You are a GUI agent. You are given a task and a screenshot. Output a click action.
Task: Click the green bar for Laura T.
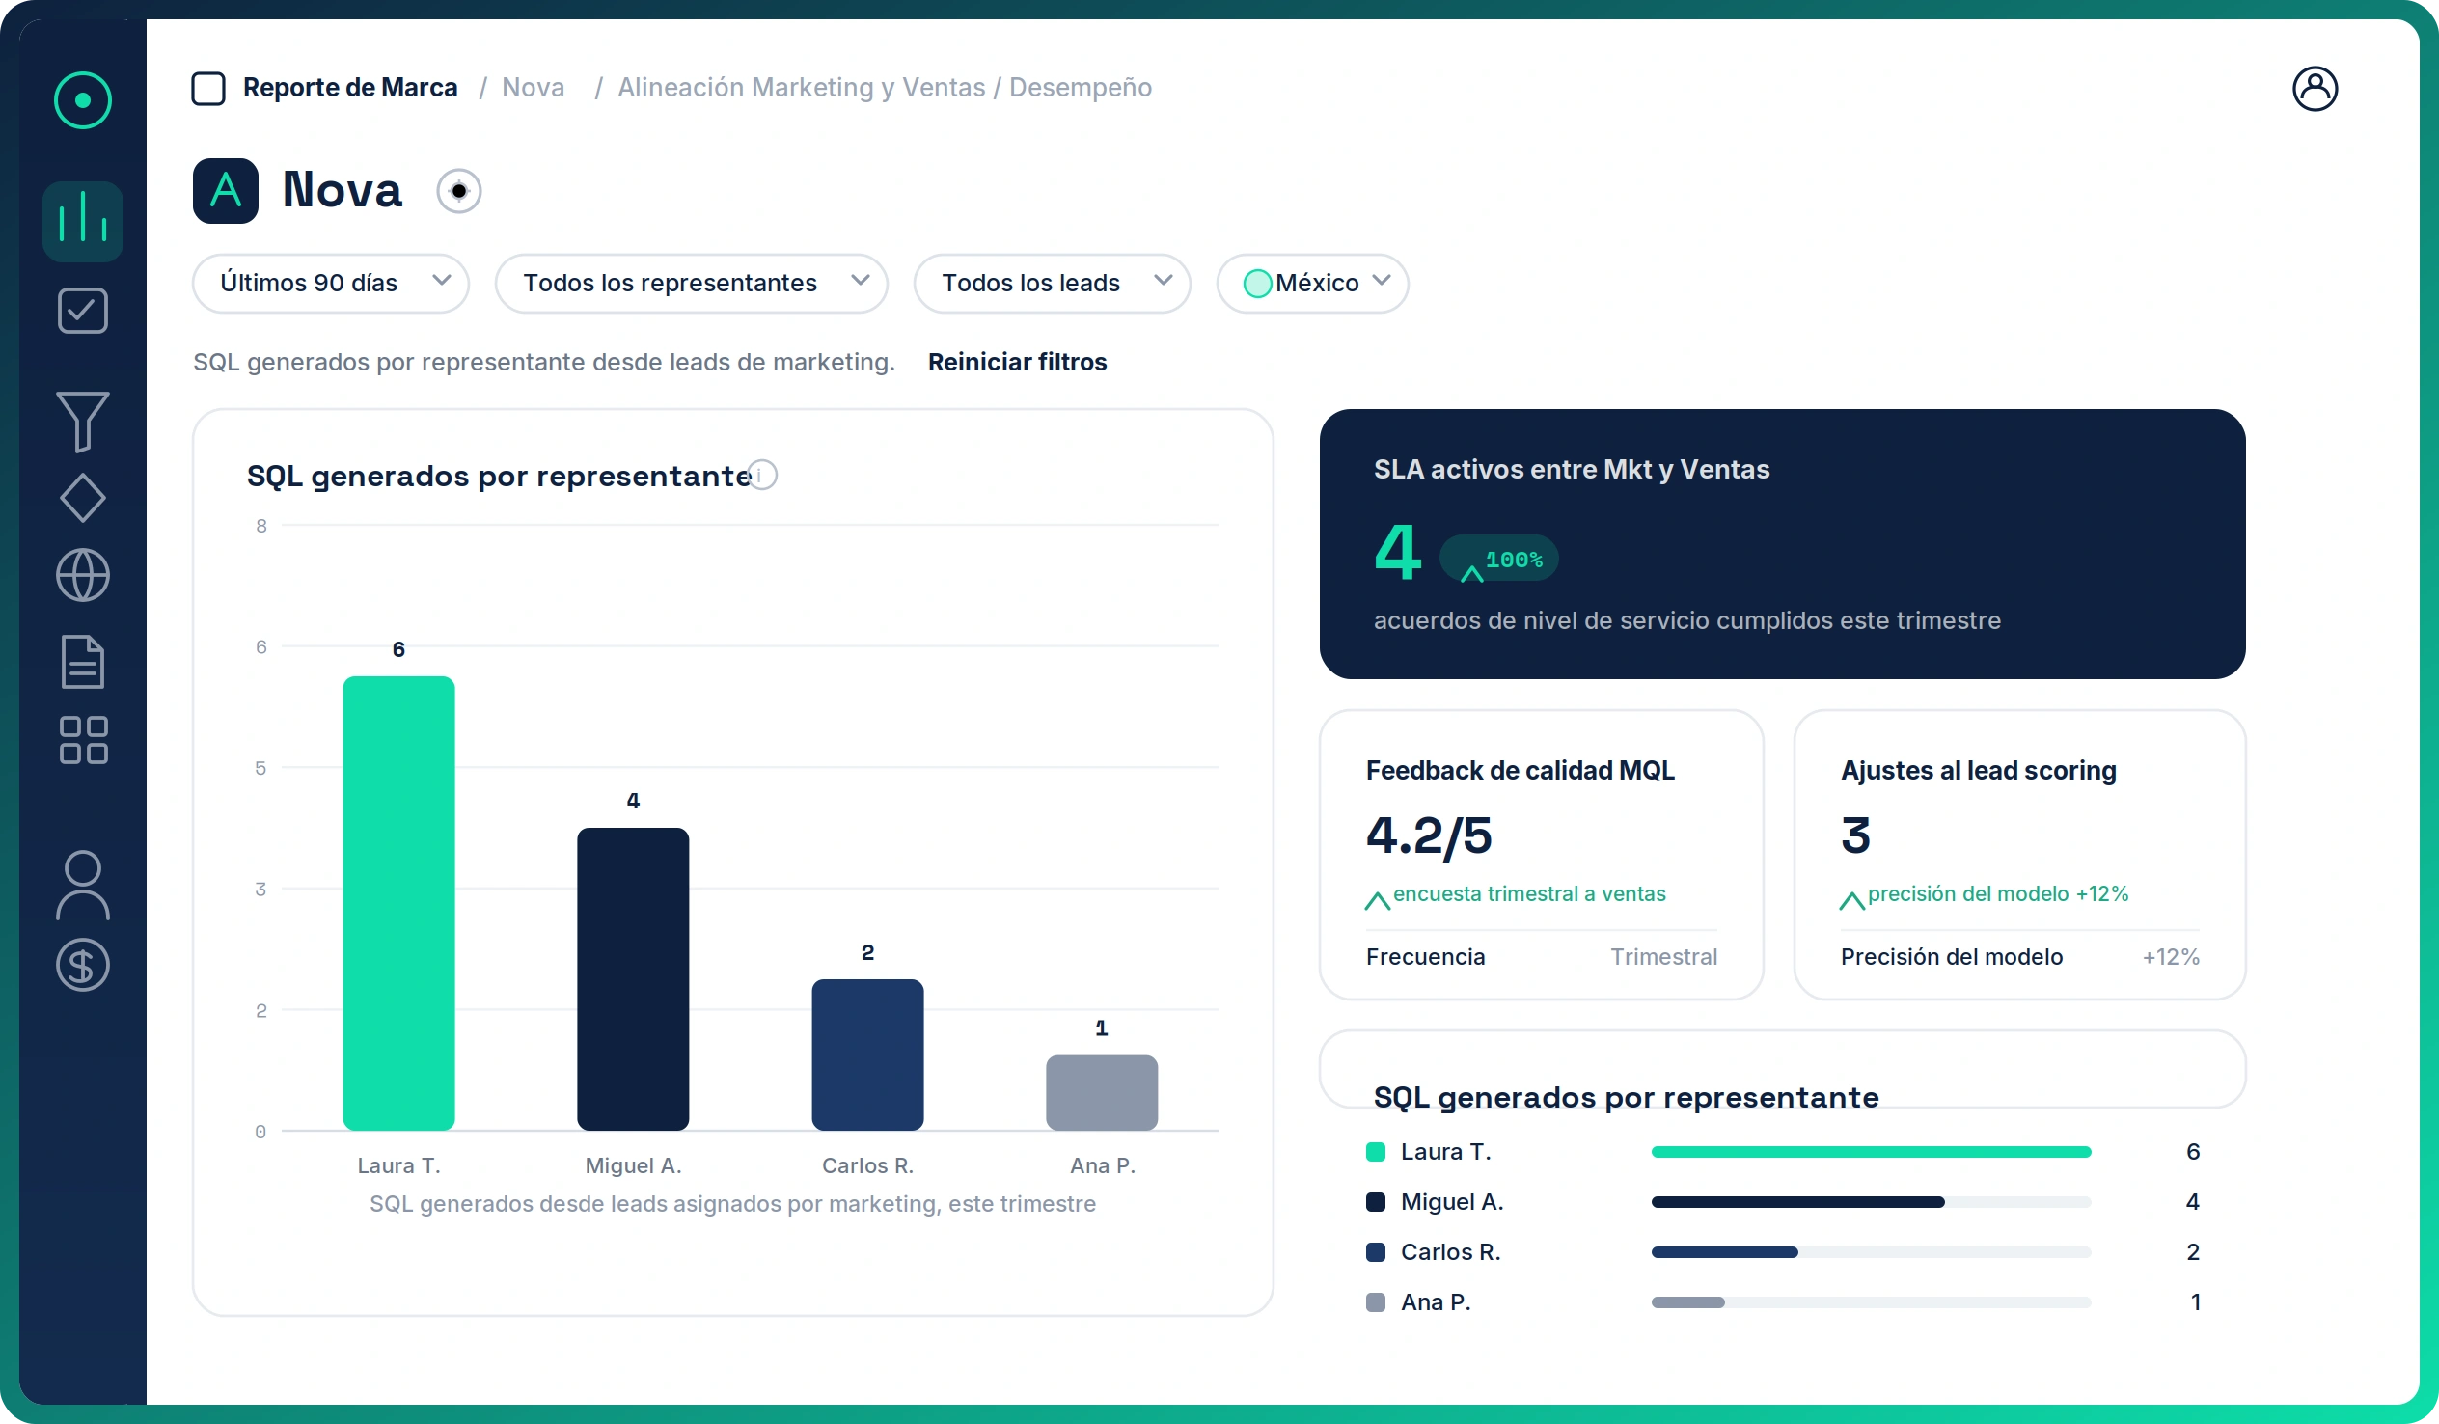[x=398, y=902]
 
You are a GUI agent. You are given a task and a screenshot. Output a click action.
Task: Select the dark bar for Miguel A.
[x=633, y=978]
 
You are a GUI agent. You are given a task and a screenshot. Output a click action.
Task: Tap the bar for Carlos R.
[x=867, y=1054]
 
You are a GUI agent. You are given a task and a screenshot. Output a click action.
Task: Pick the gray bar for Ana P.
[x=1102, y=1092]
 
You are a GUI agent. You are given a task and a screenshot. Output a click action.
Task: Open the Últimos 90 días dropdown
[x=331, y=283]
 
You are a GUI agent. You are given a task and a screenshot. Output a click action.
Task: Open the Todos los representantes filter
[x=691, y=283]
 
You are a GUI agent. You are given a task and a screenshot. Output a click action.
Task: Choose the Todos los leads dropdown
[x=1052, y=283]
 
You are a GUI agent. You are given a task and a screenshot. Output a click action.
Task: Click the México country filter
[x=1312, y=283]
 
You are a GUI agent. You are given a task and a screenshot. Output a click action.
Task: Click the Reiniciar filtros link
[x=1017, y=362]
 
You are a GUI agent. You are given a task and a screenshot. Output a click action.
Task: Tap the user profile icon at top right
[x=2316, y=89]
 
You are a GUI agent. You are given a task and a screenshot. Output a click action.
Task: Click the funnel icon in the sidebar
[x=82, y=421]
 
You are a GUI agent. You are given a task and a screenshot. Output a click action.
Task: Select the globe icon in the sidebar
[x=82, y=575]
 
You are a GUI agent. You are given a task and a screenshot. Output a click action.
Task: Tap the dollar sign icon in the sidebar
[x=82, y=965]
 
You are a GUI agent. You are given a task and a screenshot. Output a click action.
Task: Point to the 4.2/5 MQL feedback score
[x=1429, y=835]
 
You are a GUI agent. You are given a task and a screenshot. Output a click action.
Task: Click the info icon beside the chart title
[x=763, y=476]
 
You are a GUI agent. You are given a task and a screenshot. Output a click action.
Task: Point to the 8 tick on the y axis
[x=261, y=526]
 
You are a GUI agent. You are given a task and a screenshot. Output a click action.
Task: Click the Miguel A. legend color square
[x=1376, y=1202]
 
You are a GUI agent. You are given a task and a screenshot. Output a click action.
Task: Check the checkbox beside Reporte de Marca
[x=208, y=88]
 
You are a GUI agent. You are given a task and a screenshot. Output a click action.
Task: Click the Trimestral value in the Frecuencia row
[x=1663, y=956]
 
